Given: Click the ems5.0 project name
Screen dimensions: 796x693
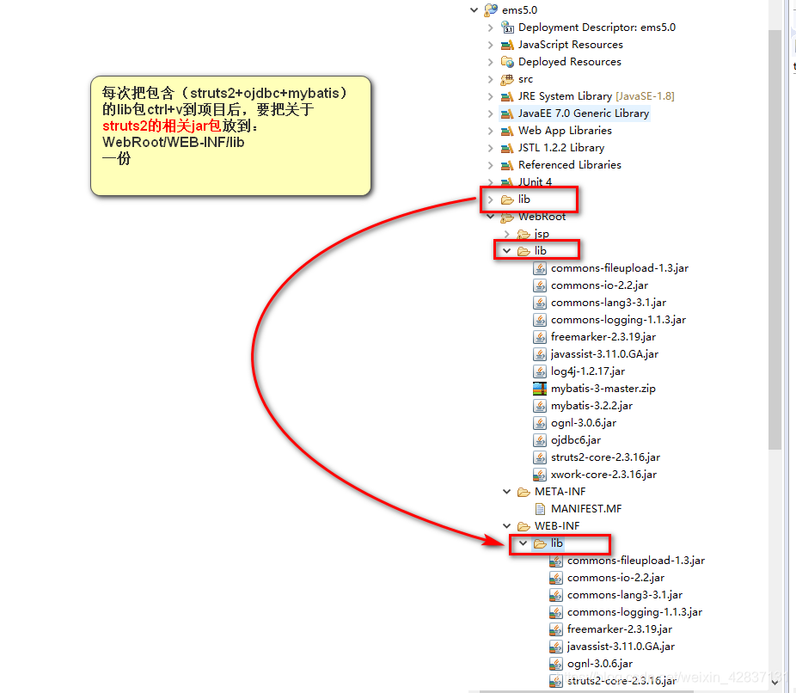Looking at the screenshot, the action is [x=518, y=9].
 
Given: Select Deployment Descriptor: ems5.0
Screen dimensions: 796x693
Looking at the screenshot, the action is [x=596, y=27].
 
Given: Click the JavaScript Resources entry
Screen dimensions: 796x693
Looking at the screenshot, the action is [x=570, y=44].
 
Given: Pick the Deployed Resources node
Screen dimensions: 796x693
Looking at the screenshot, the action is [x=569, y=61].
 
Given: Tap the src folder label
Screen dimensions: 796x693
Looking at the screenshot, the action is [x=525, y=78].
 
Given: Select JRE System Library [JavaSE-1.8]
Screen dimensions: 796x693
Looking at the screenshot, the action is [x=596, y=95].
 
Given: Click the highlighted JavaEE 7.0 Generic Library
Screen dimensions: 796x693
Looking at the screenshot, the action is [x=583, y=113].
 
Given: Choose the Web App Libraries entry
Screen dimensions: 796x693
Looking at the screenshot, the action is [x=565, y=130].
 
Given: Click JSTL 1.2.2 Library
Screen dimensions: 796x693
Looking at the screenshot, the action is [x=560, y=147].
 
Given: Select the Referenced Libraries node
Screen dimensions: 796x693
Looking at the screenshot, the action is [x=569, y=164].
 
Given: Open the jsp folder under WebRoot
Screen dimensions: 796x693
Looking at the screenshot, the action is [x=542, y=233].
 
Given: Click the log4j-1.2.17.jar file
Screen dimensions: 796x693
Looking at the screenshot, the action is [x=588, y=371].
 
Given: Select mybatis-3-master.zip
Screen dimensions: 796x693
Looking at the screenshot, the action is [x=603, y=388].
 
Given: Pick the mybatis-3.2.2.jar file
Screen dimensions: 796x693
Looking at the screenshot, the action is [x=591, y=405].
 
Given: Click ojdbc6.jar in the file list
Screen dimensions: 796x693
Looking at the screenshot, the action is [x=576, y=439].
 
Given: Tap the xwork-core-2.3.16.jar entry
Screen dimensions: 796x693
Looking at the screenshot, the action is [x=603, y=474].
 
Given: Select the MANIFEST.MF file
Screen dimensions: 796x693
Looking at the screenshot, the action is [x=585, y=508].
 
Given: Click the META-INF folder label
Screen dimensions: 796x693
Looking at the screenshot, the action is [x=560, y=491].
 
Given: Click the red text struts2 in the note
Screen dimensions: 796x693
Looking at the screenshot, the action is [x=127, y=126].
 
